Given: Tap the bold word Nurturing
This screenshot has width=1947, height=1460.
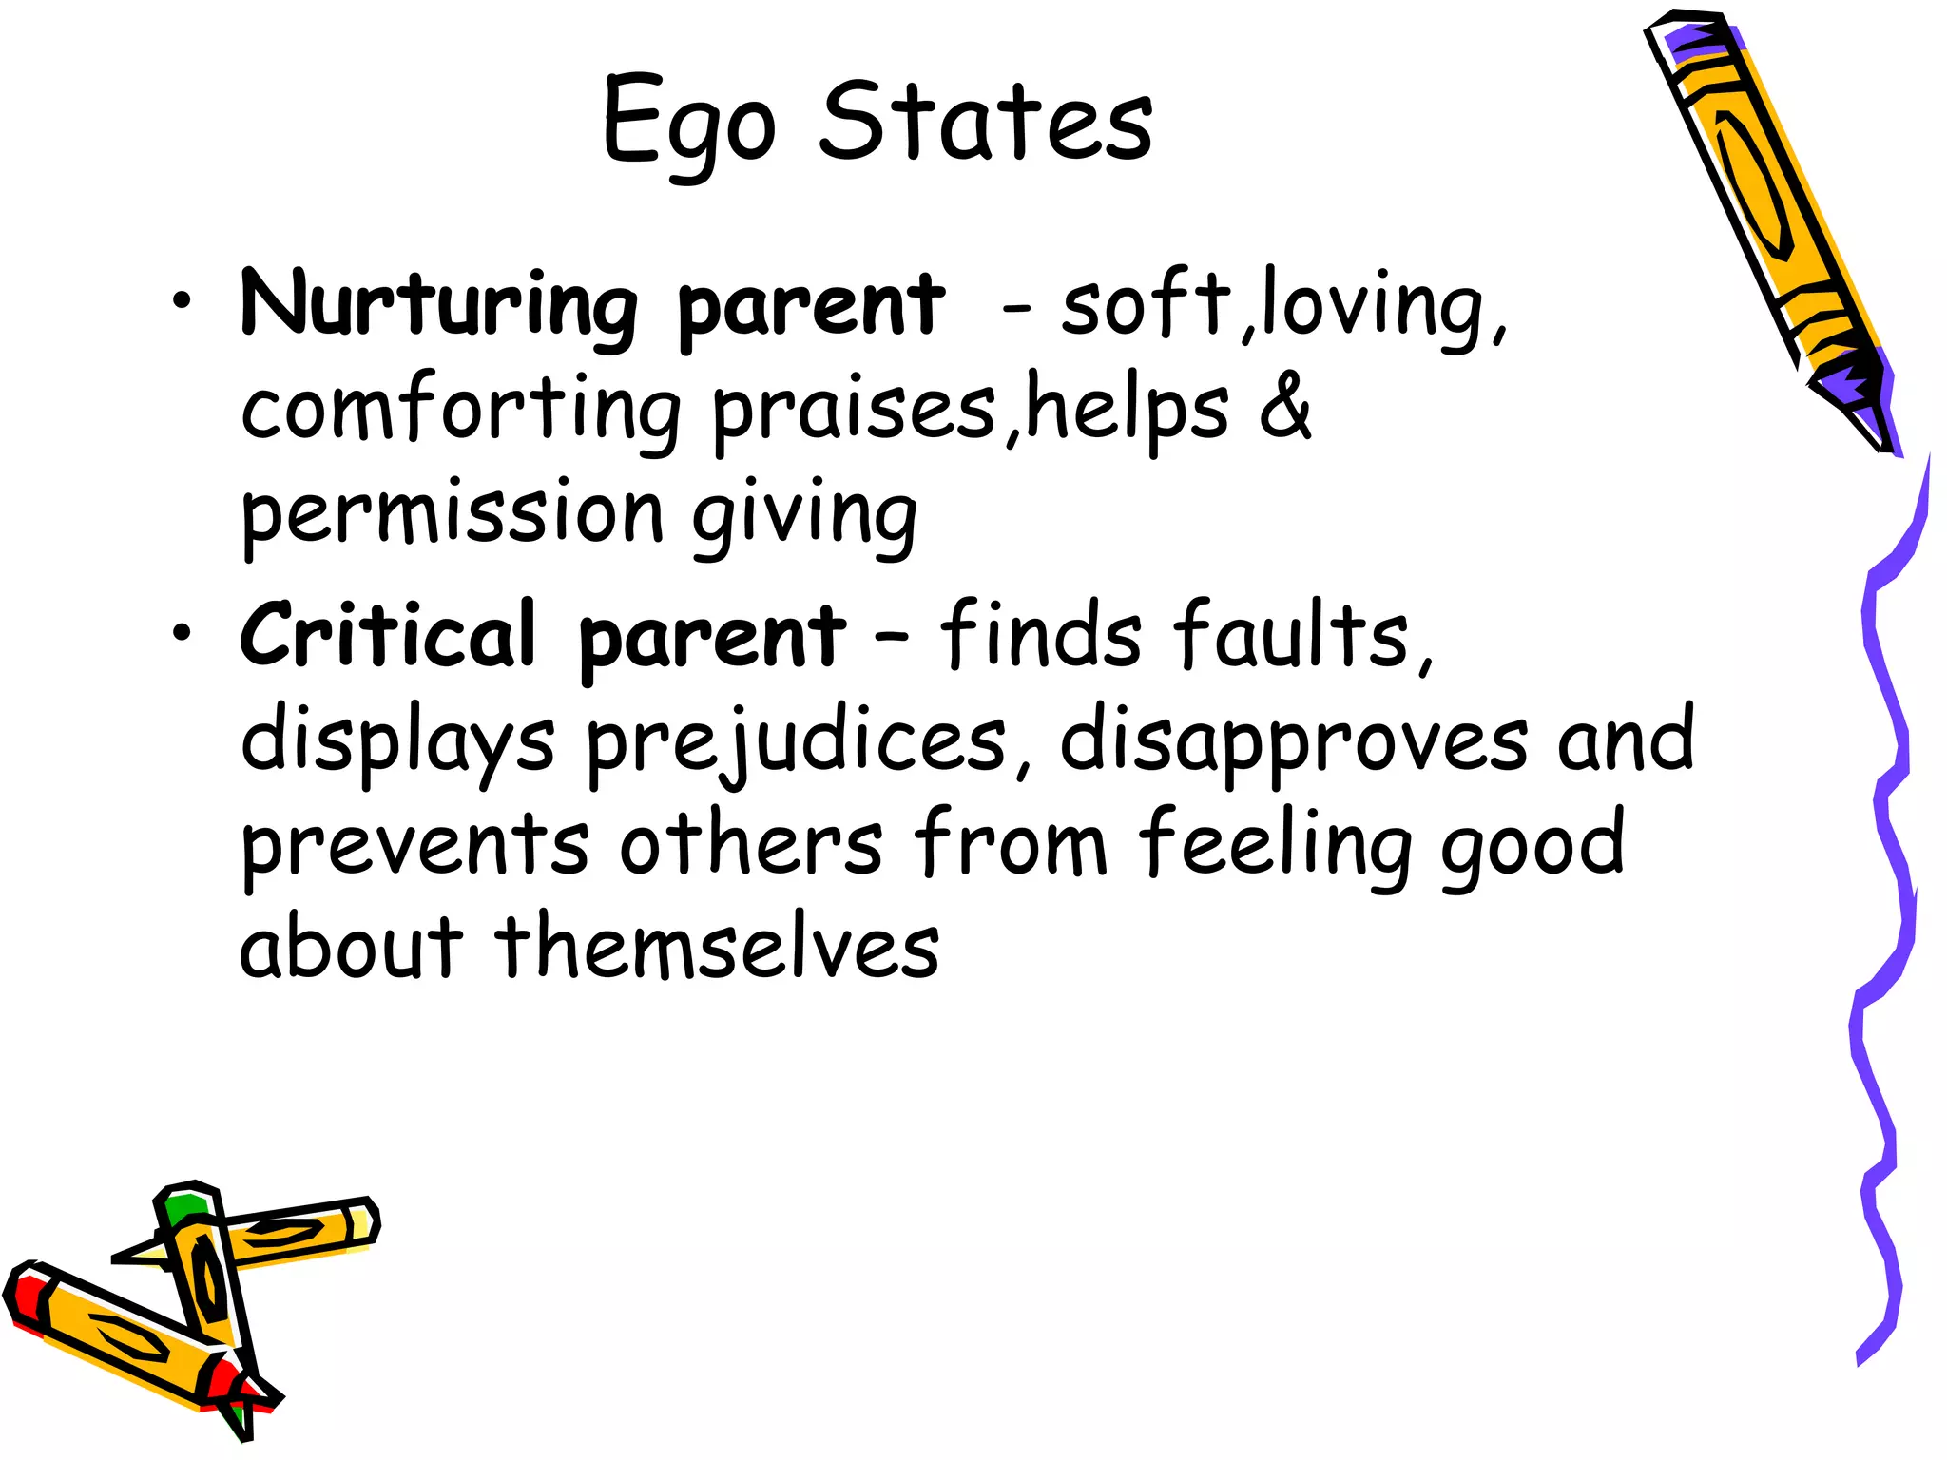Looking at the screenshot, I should (438, 304).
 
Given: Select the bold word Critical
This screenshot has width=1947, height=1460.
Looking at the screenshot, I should (388, 634).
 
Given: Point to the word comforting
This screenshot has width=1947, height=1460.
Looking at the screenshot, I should (460, 411).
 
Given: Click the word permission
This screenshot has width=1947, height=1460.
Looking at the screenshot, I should (452, 516).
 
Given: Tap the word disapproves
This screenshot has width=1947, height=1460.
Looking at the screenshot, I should (1294, 742).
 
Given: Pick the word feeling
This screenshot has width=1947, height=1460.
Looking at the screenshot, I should (1275, 845).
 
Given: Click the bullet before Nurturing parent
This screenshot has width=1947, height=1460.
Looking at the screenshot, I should (182, 303).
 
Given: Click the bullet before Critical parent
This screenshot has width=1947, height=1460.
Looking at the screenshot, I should (182, 633).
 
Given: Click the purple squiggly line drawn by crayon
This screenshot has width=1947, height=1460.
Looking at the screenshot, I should (1887, 855).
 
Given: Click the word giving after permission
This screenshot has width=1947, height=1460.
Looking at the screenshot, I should (803, 516).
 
